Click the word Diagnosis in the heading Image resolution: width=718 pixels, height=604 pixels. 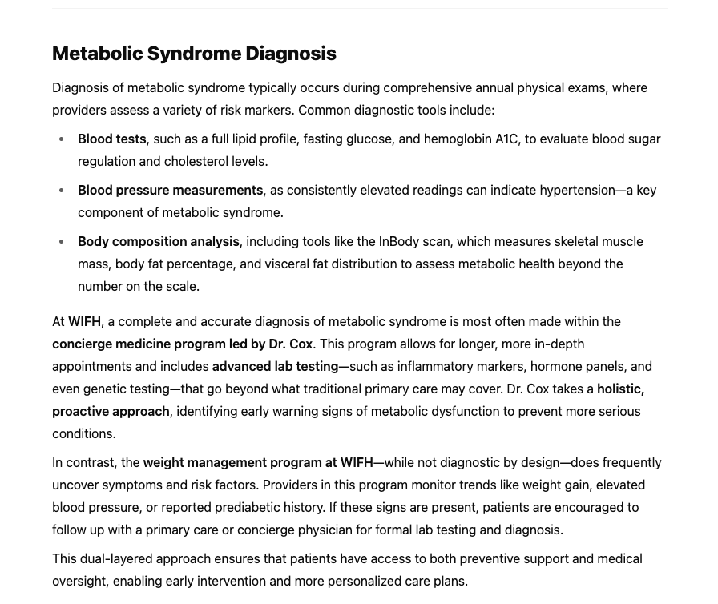(x=290, y=54)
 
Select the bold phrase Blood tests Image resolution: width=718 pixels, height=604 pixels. (x=111, y=139)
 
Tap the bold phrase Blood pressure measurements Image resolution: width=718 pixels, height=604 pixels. (x=170, y=190)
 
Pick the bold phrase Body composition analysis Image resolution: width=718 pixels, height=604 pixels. (x=158, y=241)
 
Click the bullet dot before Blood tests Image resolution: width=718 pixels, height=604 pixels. (x=62, y=139)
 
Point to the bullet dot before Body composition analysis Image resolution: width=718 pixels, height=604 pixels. (x=62, y=242)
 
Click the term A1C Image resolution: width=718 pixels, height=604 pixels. (x=506, y=139)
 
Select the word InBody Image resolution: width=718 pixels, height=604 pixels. (x=399, y=241)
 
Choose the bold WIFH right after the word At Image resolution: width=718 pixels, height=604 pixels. (x=84, y=321)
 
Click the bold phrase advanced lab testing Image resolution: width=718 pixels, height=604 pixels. (x=275, y=366)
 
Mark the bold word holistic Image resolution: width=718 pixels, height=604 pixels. (x=619, y=389)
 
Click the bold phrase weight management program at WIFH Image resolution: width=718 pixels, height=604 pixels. (x=257, y=462)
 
